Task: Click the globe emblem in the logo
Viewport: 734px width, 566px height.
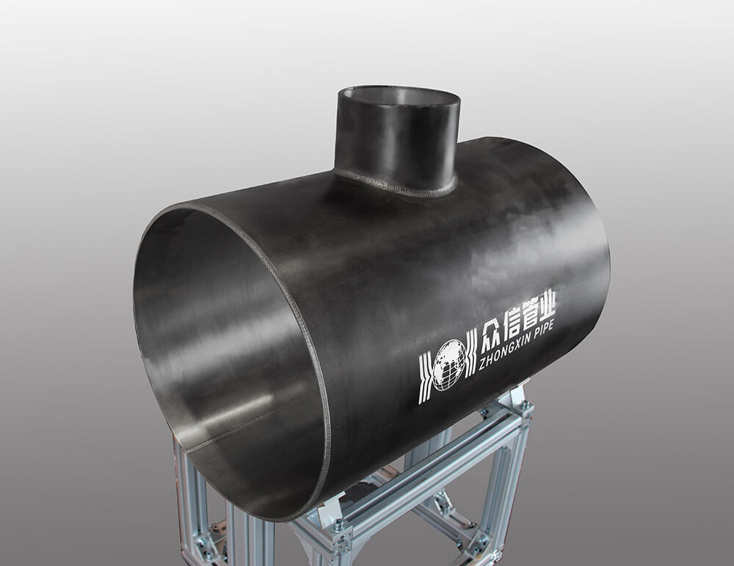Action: point(450,365)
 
